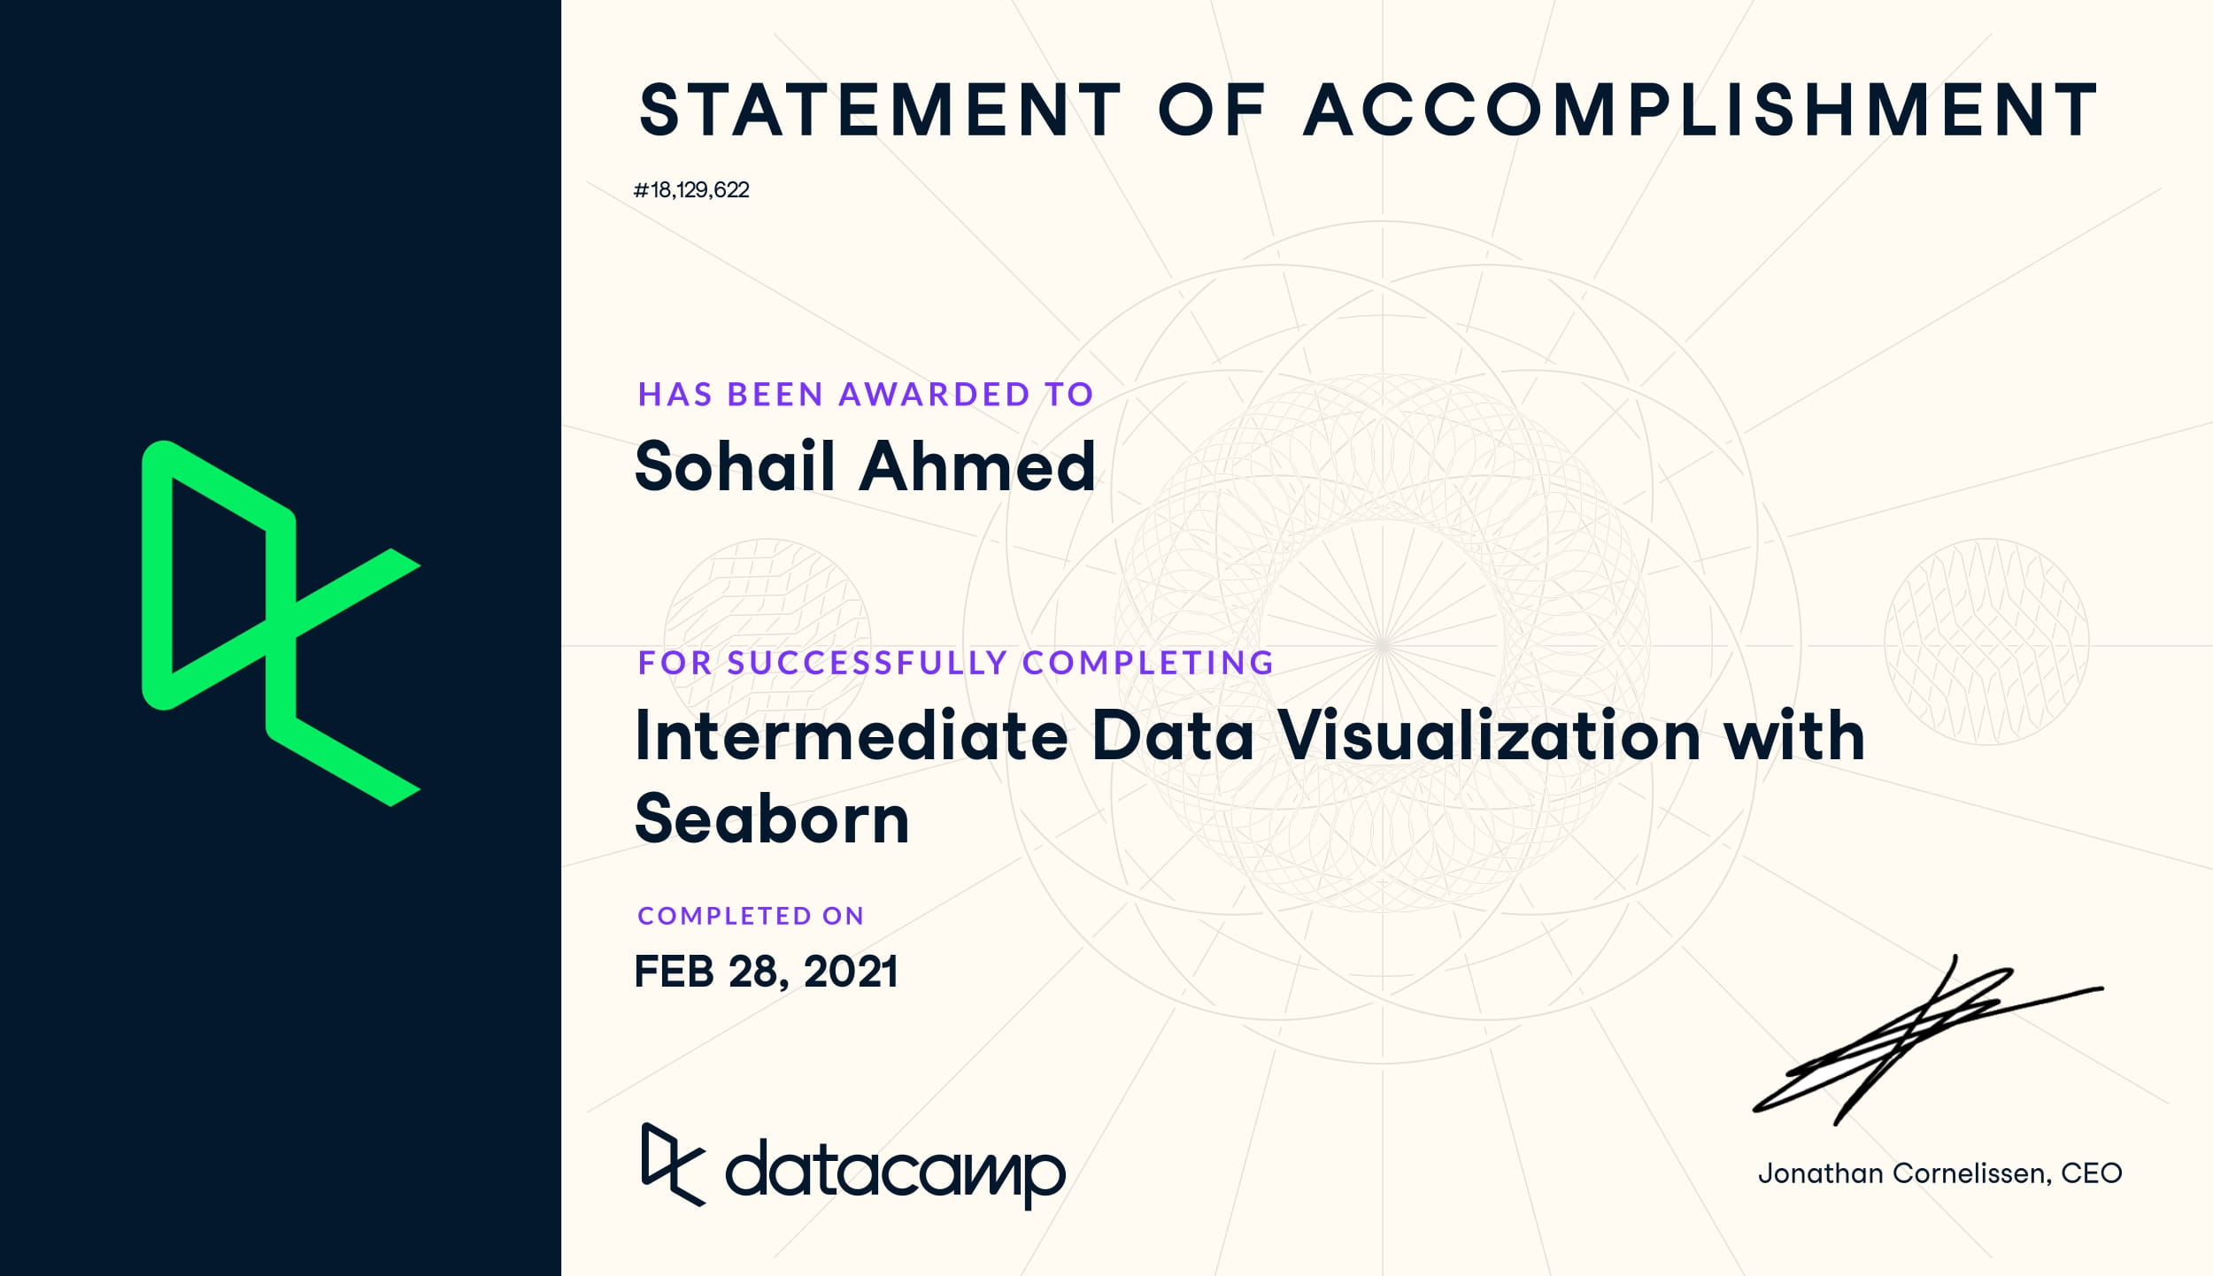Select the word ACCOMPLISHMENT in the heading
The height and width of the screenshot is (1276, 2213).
[1700, 111]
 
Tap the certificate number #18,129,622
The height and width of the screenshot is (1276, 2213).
[691, 190]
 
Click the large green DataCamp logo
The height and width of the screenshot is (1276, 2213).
[281, 623]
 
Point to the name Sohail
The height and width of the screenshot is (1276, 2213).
[736, 465]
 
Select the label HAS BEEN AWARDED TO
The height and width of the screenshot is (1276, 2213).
[866, 395]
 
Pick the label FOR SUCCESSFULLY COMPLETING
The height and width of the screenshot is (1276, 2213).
[956, 663]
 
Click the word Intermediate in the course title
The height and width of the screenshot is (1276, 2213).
[852, 735]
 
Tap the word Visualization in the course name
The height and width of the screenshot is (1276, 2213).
[1488, 735]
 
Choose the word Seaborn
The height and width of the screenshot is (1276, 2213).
[772, 819]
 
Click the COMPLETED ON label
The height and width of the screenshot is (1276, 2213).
[751, 916]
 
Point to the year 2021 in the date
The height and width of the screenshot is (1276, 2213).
[851, 972]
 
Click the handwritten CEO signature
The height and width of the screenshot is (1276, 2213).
[1928, 1041]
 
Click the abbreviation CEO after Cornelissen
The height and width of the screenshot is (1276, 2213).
[2092, 1173]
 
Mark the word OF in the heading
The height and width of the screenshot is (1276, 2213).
[1212, 111]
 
